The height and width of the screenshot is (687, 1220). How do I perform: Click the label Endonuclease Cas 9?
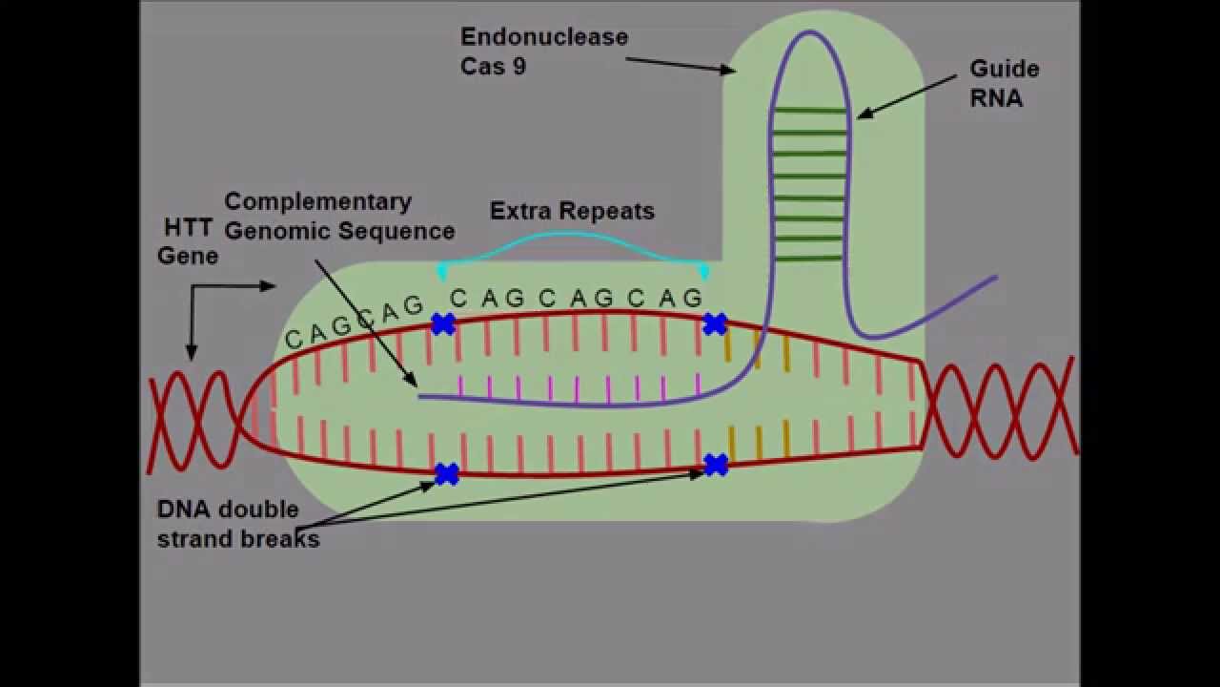click(543, 51)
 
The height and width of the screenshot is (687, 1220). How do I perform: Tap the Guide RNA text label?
click(1004, 83)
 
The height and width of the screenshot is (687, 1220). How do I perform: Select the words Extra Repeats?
click(572, 211)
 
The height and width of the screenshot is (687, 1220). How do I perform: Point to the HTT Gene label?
click(188, 241)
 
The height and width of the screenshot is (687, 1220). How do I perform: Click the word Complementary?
click(317, 201)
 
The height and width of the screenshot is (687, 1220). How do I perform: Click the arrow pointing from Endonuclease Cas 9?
click(680, 64)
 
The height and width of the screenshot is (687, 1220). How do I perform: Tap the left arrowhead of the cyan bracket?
click(442, 273)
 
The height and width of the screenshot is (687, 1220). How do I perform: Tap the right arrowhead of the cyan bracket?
click(704, 273)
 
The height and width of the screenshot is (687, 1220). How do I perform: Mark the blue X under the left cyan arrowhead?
click(442, 324)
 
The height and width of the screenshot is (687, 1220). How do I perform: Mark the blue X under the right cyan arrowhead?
click(715, 324)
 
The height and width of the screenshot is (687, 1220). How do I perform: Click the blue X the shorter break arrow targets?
click(446, 473)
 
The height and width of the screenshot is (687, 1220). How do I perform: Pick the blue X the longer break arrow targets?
click(716, 465)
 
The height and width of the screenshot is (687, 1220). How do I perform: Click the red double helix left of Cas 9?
click(195, 420)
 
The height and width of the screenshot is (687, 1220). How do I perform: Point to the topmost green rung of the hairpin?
click(809, 111)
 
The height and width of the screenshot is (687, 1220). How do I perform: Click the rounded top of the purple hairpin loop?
click(809, 33)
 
